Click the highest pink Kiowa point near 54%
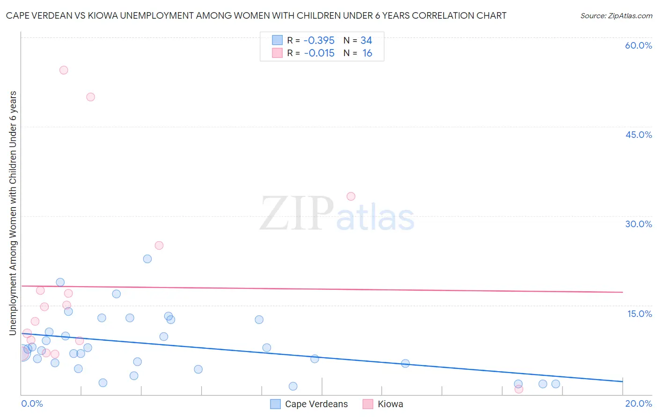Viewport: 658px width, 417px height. [x=64, y=70]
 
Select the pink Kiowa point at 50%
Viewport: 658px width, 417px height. [x=91, y=97]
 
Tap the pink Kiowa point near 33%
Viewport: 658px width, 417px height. [x=351, y=196]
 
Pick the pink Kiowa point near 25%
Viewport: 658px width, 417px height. [x=159, y=245]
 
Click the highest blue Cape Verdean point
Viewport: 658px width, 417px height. [x=147, y=259]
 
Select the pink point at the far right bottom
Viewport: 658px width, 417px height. [x=519, y=389]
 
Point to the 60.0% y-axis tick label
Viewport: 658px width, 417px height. [x=638, y=45]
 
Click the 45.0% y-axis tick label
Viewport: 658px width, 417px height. [x=638, y=135]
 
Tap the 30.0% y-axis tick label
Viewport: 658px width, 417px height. [x=638, y=224]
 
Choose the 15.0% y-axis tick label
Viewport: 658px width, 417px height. [x=639, y=314]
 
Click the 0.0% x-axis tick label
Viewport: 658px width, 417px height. [x=32, y=403]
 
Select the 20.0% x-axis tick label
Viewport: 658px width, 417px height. [x=638, y=403]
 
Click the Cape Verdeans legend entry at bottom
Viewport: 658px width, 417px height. [x=316, y=404]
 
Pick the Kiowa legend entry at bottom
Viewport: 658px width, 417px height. [x=390, y=404]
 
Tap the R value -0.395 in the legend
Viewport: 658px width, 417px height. [x=319, y=41]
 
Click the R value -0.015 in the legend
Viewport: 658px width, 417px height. [x=319, y=53]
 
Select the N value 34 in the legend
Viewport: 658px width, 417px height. [x=366, y=41]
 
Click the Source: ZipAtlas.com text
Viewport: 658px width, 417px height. [x=616, y=16]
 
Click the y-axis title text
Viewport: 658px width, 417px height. [x=13, y=213]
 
